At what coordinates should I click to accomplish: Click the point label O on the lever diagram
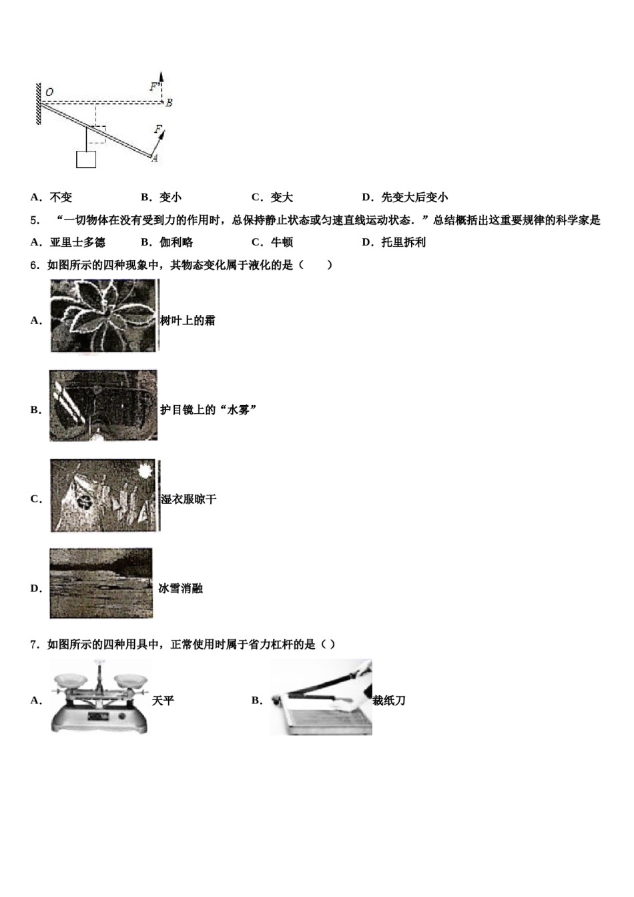tap(49, 91)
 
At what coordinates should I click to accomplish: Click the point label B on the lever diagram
tap(169, 103)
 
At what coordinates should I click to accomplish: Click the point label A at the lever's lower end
tap(155, 158)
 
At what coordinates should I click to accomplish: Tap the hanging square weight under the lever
tap(86, 159)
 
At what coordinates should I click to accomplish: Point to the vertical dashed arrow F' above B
tap(161, 85)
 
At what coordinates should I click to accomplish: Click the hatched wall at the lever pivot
tap(39, 103)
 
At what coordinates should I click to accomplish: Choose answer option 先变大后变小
tap(414, 197)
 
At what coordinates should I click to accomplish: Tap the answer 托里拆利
tap(403, 242)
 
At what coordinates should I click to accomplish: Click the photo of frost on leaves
tap(103, 315)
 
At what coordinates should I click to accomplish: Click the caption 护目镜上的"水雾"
tap(208, 410)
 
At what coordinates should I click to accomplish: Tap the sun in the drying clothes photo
tap(143, 471)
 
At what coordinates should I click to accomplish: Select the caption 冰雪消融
tap(180, 588)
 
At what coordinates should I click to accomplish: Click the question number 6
tap(33, 265)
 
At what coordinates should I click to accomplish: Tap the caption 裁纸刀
tap(389, 700)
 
